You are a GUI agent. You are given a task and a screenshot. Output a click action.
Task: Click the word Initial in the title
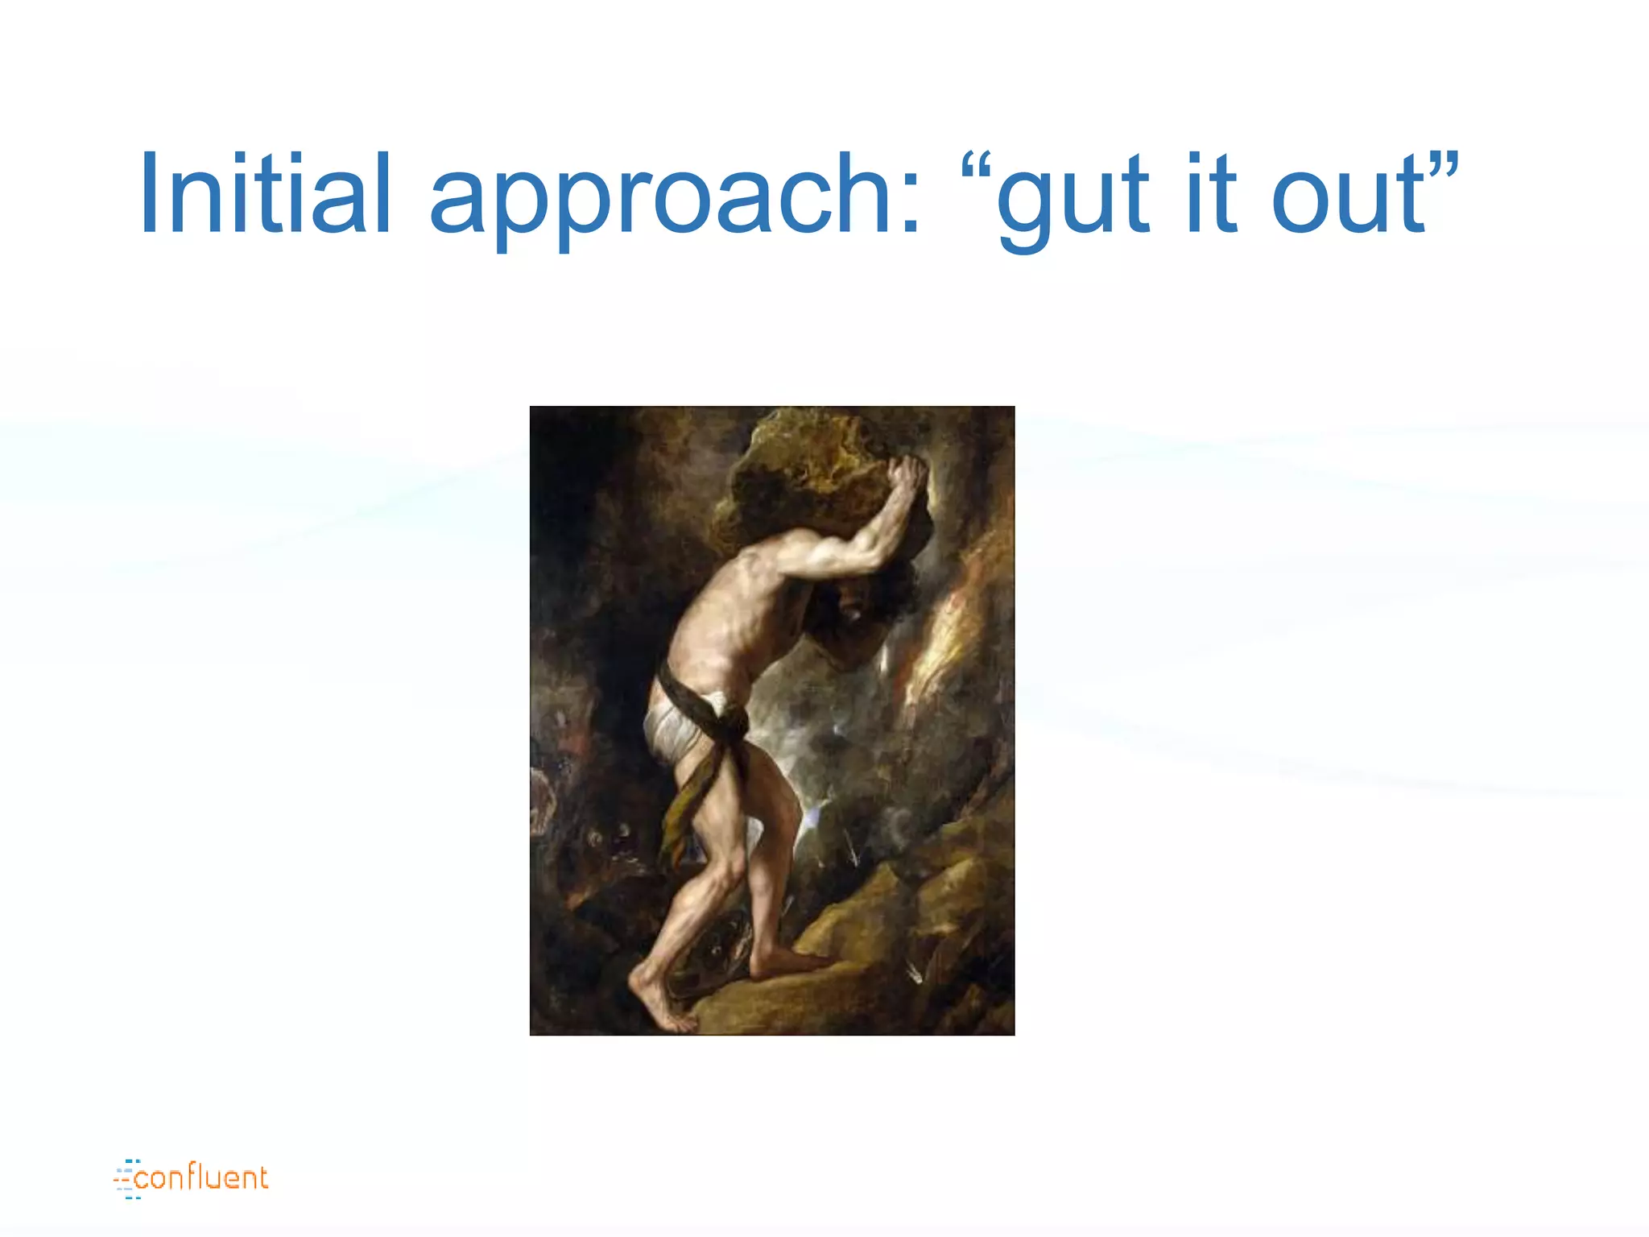click(265, 195)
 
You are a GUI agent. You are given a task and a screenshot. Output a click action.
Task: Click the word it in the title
click(1211, 195)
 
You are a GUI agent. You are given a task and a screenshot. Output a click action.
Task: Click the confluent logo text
click(201, 1178)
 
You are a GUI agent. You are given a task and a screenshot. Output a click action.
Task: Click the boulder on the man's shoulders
click(813, 483)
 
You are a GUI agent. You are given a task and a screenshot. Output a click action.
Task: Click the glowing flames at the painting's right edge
click(958, 636)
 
